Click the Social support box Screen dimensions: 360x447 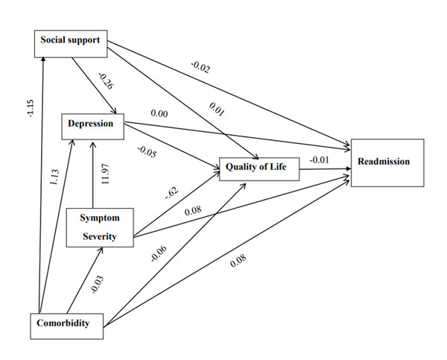point(72,42)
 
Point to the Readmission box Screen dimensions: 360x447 point(387,162)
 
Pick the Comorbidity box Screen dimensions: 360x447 point(69,323)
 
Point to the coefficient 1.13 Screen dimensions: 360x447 point(54,177)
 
